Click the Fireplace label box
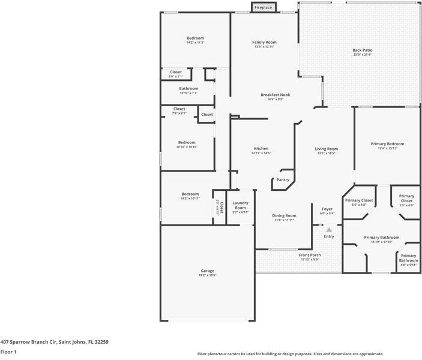[263, 7]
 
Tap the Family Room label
[264, 42]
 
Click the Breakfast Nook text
[275, 95]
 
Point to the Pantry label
[283, 179]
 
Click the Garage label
[208, 271]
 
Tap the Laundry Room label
[240, 205]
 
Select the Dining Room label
[284, 215]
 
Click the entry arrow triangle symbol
[328, 229]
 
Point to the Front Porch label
[310, 255]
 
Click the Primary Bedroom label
[387, 143]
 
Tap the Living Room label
[327, 149]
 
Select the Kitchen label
[261, 148]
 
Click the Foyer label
[327, 209]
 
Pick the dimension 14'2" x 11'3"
[195, 43]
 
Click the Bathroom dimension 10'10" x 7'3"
[188, 93]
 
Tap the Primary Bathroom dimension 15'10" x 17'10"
[381, 242]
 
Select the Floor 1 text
[8, 352]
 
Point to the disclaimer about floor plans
[291, 354]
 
